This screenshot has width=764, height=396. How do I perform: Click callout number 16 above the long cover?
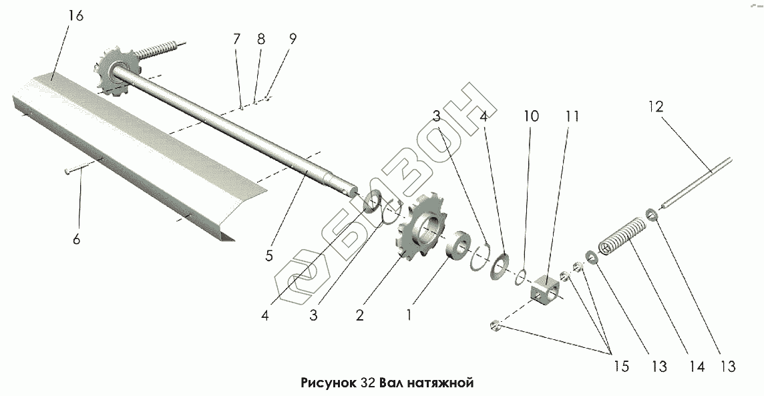[x=75, y=15]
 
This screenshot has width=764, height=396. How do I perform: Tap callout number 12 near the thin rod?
[x=656, y=106]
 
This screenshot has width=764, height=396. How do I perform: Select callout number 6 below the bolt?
[x=76, y=238]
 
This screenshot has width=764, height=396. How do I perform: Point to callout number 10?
[x=530, y=116]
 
